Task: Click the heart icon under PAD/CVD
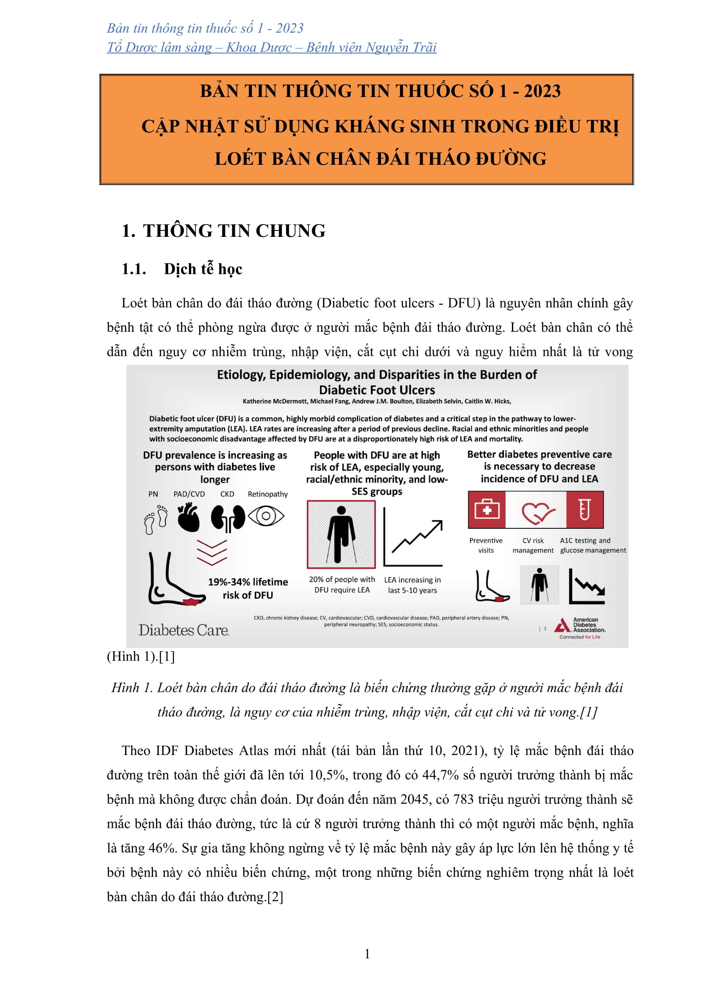click(189, 517)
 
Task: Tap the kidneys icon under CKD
click(228, 517)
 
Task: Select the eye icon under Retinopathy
click(266, 516)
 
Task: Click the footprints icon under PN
click(156, 519)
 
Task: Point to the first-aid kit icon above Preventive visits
click(487, 510)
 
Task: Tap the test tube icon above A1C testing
click(584, 510)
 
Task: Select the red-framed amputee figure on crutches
click(341, 534)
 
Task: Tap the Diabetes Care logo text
click(184, 630)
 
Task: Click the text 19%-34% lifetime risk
click(248, 588)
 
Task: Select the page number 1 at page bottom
click(367, 954)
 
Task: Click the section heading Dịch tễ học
click(203, 269)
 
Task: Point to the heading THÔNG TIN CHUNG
click(234, 231)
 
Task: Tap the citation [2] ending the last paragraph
click(275, 897)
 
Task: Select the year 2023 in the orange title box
click(542, 91)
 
